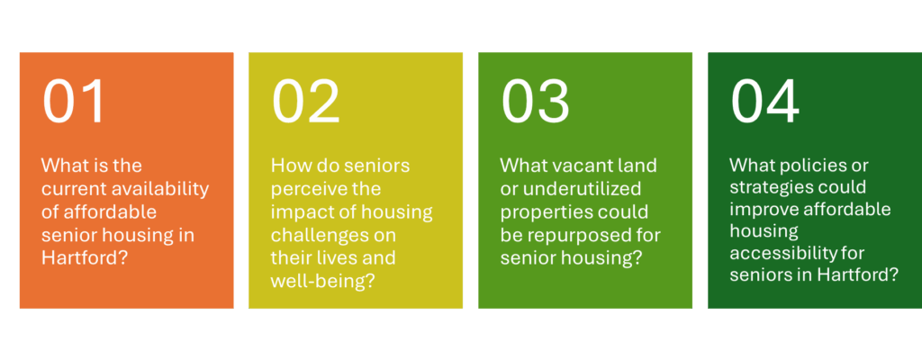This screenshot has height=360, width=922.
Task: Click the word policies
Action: tap(809, 166)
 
